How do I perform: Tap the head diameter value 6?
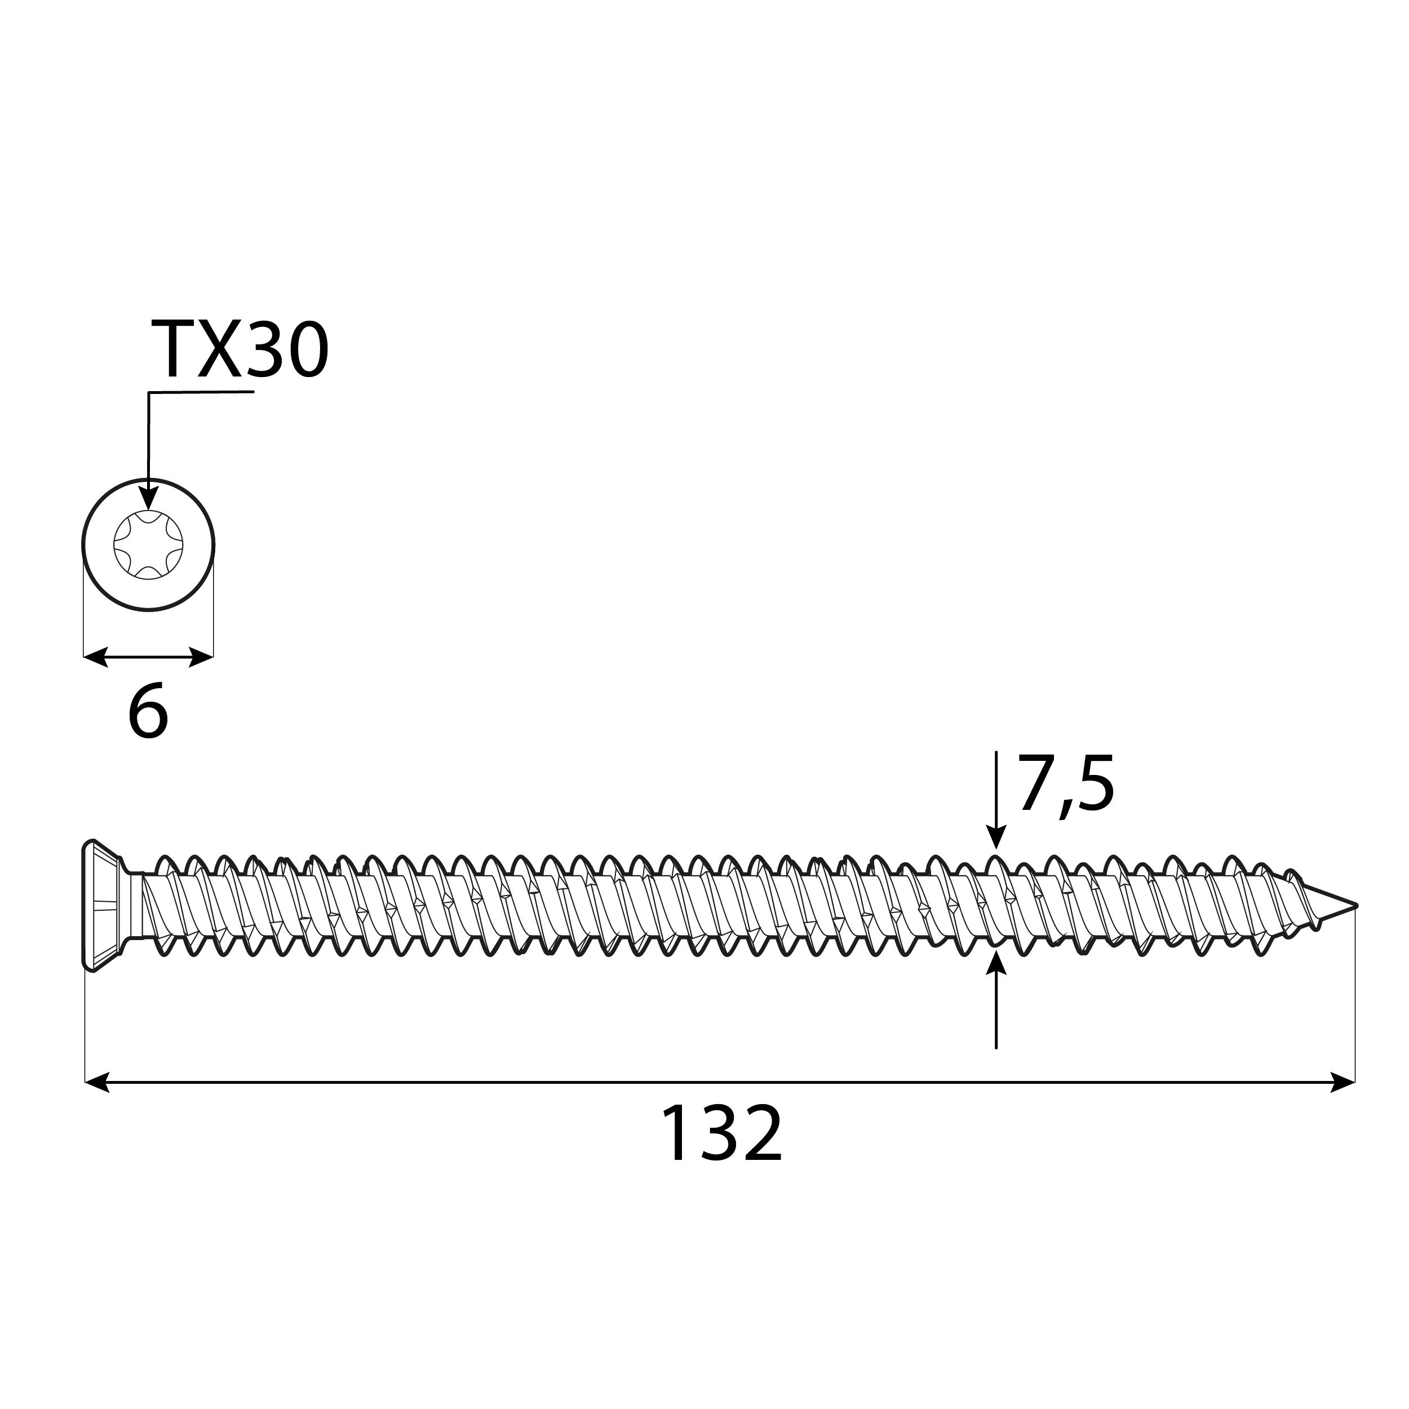coord(148,712)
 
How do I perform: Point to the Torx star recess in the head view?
coord(148,545)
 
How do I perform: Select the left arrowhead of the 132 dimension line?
coord(96,1082)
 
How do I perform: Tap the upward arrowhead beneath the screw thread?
coord(996,964)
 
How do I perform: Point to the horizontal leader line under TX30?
coord(201,392)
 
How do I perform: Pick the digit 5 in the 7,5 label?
coord(1095,785)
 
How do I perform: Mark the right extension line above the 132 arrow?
coord(1355,1007)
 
